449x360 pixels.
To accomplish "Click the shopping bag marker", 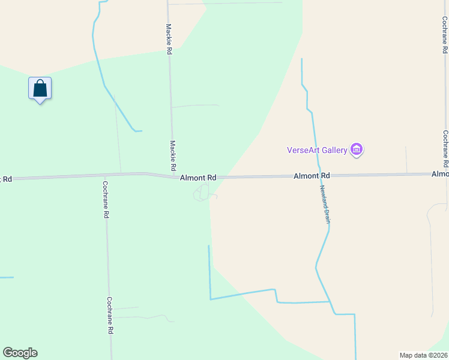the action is pos(40,89).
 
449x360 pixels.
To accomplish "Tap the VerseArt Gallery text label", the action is pos(317,150).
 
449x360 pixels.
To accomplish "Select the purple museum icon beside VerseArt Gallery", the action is pos(357,149).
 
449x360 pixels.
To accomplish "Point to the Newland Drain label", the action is pos(324,204).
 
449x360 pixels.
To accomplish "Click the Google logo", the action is pos(20,353).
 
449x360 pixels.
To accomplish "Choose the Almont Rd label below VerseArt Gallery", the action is pos(312,176).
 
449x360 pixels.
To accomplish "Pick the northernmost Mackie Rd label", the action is pos(169,40).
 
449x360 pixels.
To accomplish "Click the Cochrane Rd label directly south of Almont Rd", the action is pos(106,199).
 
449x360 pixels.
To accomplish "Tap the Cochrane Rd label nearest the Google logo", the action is pos(110,316).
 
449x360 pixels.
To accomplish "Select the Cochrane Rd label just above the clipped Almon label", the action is pos(445,149).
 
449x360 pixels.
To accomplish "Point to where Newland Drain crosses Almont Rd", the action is pos(319,176).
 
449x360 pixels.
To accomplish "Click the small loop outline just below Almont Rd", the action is pos(202,193).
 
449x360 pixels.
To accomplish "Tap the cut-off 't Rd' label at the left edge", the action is pos(6,179).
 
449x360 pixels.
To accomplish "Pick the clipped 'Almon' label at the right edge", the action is pos(440,174).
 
